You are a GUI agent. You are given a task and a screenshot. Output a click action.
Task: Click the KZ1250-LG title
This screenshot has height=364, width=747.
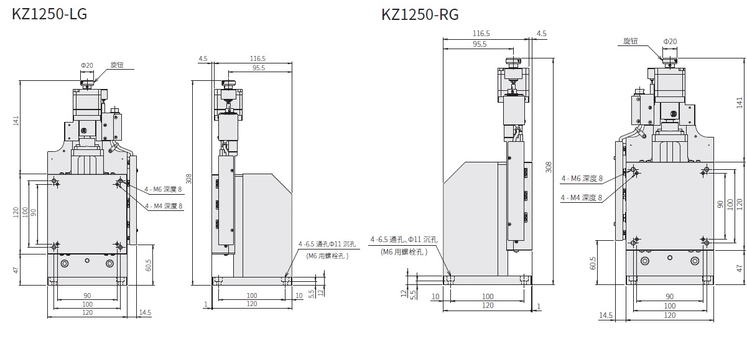pyautogui.click(x=49, y=14)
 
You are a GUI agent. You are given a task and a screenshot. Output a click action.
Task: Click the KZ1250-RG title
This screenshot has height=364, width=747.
pyautogui.click(x=420, y=15)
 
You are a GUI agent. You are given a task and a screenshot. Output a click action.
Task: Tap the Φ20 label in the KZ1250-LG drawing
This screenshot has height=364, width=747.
pyautogui.click(x=87, y=65)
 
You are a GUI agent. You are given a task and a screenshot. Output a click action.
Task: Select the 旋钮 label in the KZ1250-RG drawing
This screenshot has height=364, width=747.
pyautogui.click(x=630, y=41)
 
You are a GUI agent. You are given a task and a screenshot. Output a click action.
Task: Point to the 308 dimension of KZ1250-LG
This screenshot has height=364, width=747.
pyautogui.click(x=188, y=179)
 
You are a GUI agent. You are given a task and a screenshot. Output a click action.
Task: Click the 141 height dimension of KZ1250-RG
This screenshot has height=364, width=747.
pyautogui.click(x=740, y=103)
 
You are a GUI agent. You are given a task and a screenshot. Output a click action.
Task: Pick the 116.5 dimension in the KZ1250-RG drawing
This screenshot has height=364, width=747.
pyautogui.click(x=481, y=34)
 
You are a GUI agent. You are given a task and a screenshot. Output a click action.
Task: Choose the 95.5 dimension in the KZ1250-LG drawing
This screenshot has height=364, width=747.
pyautogui.click(x=259, y=68)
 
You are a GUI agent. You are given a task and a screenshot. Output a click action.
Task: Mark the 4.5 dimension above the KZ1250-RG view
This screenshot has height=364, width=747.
pyautogui.click(x=542, y=34)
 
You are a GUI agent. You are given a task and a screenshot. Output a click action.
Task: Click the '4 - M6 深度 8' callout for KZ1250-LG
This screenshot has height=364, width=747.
pyautogui.click(x=163, y=190)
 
